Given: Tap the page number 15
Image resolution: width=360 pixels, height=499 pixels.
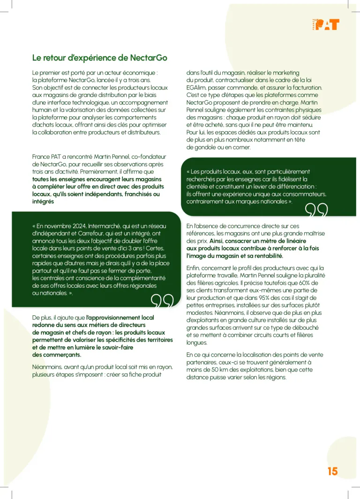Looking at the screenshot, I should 332,471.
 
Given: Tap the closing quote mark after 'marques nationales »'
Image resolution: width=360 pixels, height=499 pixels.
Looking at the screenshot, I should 316,212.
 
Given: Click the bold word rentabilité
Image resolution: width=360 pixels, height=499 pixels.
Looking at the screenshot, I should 266,256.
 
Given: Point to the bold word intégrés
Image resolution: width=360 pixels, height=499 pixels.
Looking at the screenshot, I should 43,201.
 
